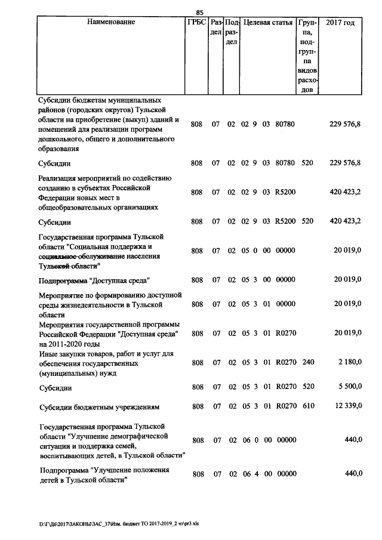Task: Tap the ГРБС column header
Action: coord(196,23)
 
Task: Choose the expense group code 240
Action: coord(308,363)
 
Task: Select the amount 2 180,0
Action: coord(349,363)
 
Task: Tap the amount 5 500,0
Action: coord(349,388)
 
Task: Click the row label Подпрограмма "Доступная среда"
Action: coord(94,280)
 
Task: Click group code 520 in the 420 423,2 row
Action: coord(308,221)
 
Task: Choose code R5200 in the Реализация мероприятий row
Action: coord(285,192)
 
